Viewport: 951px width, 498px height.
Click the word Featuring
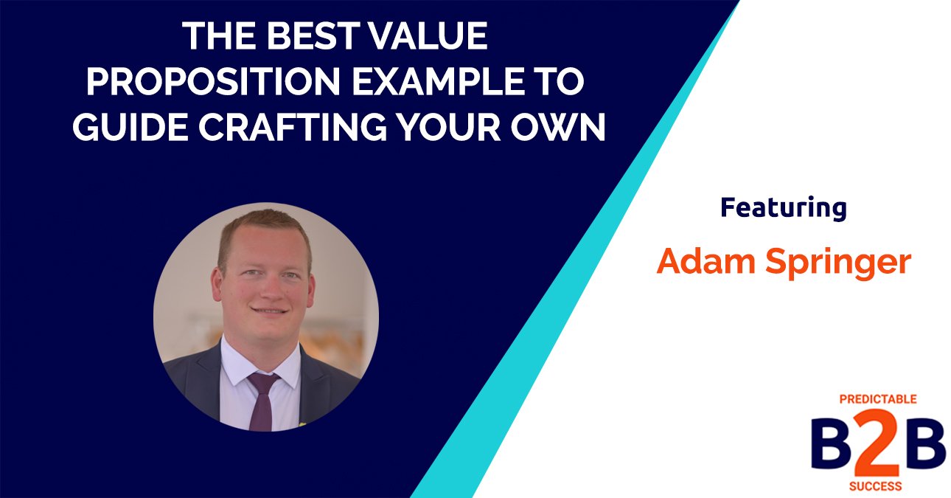[x=783, y=209]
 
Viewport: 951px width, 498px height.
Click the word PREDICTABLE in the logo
[x=878, y=399]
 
